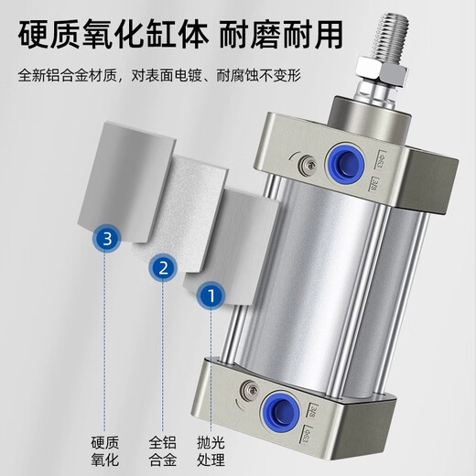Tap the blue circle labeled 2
(163, 268)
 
